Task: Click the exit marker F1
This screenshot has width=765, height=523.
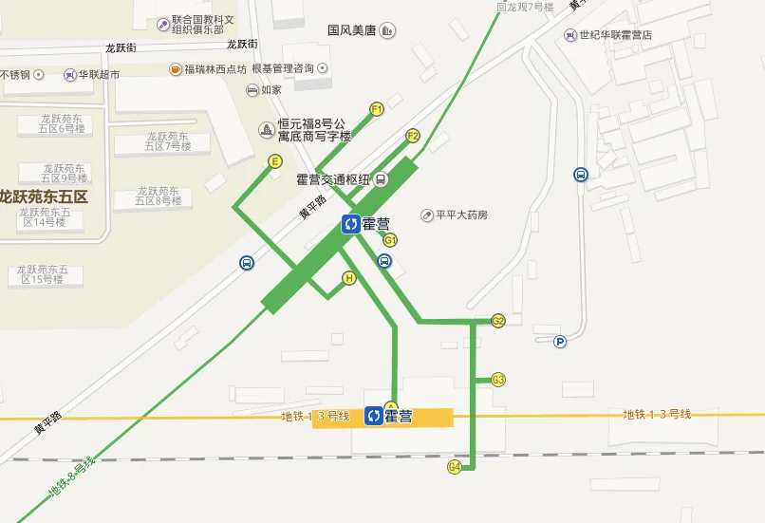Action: coord(377,109)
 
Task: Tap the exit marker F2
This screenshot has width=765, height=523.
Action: coord(413,136)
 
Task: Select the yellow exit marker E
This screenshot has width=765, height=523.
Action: coord(275,161)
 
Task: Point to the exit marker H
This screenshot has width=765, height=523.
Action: coord(349,278)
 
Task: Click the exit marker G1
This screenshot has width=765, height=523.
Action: coord(390,240)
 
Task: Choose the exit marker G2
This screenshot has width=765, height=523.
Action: coord(498,321)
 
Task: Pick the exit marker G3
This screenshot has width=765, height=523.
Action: coord(498,380)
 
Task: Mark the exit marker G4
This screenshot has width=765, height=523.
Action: coord(456,467)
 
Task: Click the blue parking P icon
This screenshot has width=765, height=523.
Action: coord(560,342)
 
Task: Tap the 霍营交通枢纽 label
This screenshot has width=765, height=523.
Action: coord(332,179)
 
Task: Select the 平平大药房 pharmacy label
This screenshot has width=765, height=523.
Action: coord(460,215)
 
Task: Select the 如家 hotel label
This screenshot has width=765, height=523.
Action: coord(271,90)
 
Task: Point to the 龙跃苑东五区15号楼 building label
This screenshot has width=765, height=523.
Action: coord(47,274)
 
